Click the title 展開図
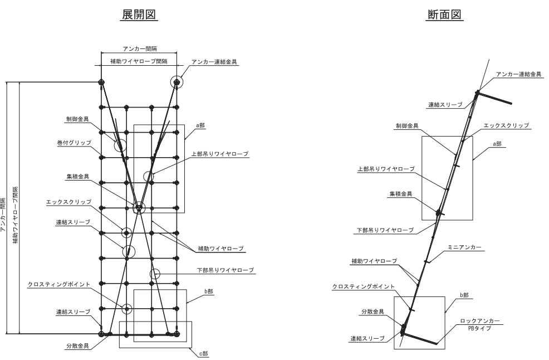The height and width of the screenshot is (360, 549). [139, 14]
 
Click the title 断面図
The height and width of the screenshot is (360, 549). [445, 14]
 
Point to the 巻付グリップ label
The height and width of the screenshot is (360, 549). [74, 143]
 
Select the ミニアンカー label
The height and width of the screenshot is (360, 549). [464, 247]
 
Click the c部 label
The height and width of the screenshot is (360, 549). [203, 354]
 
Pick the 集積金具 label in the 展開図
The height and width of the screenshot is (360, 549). [78, 177]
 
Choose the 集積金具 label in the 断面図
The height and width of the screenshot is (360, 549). [401, 194]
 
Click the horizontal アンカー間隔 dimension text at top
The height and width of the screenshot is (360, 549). [140, 48]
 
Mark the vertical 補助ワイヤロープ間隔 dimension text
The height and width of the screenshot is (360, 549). [16, 215]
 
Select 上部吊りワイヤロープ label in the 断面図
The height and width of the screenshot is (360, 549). [386, 169]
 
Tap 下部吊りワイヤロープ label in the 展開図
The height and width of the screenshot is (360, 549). [225, 270]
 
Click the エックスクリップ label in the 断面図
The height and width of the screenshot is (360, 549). [506, 125]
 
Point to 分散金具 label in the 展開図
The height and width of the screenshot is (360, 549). [78, 346]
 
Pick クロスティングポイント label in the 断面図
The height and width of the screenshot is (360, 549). [363, 286]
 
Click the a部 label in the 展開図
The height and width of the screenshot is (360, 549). [200, 125]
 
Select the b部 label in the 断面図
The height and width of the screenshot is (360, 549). [464, 295]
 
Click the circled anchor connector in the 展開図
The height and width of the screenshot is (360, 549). [177, 82]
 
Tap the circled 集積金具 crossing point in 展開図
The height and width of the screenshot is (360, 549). [139, 208]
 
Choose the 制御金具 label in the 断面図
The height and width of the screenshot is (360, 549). [407, 126]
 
